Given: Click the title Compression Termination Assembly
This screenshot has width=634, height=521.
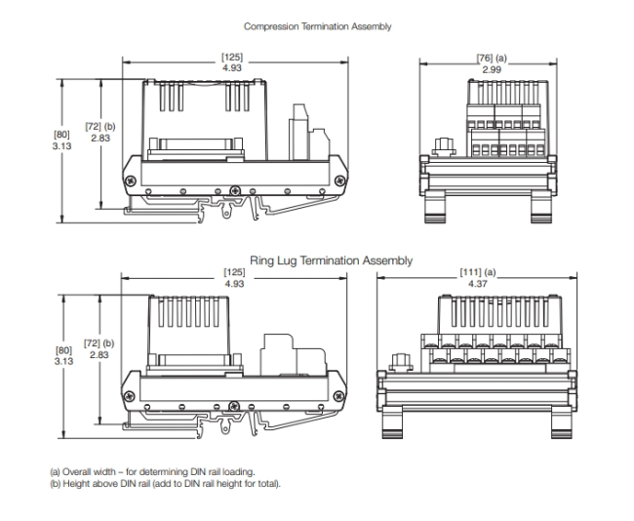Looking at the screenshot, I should pyautogui.click(x=317, y=26).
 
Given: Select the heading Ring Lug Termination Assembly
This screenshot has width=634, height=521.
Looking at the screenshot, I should pyautogui.click(x=331, y=260).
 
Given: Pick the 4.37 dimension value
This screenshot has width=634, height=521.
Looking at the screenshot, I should pyautogui.click(x=477, y=283).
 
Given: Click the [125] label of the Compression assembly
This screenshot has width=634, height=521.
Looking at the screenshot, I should pyautogui.click(x=234, y=59).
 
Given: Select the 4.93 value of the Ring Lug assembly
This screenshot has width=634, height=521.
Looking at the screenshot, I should pyautogui.click(x=234, y=283).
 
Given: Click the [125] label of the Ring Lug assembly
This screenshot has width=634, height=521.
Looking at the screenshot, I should pyautogui.click(x=234, y=272).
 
